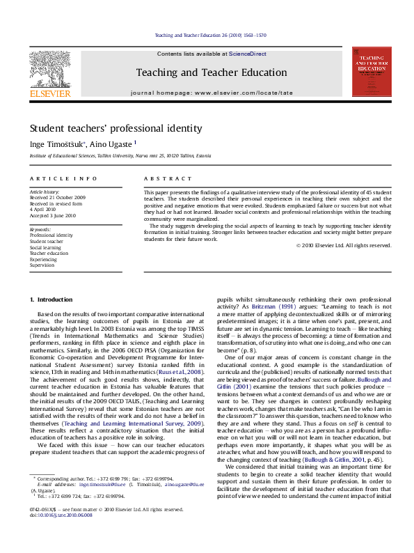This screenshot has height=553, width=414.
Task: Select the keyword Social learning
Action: (x=45, y=247)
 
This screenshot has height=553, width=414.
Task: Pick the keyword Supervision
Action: (x=41, y=264)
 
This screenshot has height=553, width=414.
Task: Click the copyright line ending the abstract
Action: (x=344, y=245)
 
